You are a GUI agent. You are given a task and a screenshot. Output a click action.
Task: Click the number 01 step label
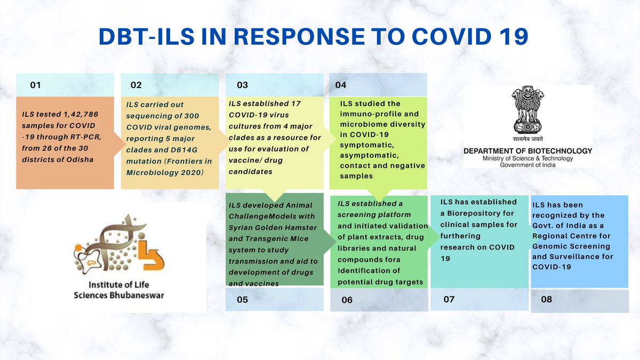[35, 85]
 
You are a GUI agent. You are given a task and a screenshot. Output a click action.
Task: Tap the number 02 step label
[136, 85]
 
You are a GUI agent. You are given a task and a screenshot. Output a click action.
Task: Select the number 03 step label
[242, 85]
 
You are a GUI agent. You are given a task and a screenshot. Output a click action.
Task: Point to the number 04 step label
[341, 85]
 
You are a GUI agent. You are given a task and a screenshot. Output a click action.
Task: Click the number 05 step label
[242, 300]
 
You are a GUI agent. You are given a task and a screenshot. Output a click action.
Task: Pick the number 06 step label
[347, 300]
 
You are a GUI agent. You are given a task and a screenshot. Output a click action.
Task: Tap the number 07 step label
[449, 299]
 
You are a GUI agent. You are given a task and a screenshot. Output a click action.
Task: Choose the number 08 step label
[546, 300]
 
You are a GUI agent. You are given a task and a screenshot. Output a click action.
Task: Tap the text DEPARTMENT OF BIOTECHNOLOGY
[527, 151]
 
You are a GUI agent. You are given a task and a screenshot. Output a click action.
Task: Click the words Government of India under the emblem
[527, 165]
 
